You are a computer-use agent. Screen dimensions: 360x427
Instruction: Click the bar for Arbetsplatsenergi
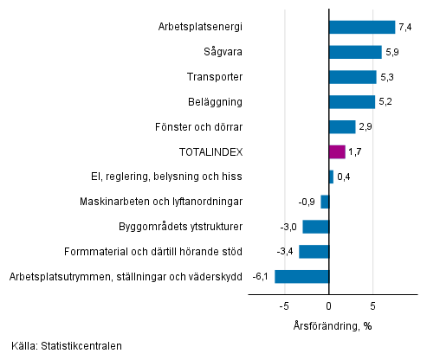coord(362,27)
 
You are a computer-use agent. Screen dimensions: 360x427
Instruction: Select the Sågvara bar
coord(355,52)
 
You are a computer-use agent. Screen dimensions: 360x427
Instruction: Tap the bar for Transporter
coord(353,77)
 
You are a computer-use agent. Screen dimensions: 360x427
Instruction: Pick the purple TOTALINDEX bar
coord(337,151)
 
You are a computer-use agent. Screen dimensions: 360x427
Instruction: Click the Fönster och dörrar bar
coord(342,127)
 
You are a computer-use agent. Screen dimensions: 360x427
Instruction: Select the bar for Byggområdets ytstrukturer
coord(316,227)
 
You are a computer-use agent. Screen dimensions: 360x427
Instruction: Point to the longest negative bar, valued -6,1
coord(302,277)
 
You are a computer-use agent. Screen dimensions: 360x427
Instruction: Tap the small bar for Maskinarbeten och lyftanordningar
coord(325,202)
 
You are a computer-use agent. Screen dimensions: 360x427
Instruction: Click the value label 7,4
coord(405,28)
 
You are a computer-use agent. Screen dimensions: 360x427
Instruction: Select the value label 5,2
coord(386,102)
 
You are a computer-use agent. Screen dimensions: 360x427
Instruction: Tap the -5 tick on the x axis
coord(283,305)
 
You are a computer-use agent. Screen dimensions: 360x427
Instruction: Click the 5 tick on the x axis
coord(373,305)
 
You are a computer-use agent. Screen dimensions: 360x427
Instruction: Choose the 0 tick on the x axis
coord(329,305)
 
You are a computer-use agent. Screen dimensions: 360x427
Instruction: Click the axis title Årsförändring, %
coord(332,325)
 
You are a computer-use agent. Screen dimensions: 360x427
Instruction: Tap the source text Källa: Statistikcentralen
coord(67,346)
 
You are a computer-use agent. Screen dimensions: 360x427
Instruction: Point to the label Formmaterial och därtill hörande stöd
coord(153,252)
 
